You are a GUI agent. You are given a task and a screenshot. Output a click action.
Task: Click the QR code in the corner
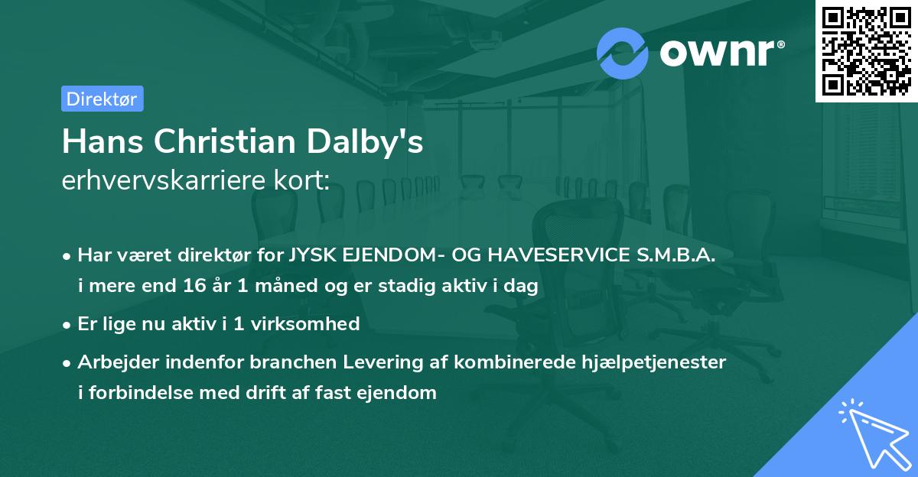click(x=866, y=51)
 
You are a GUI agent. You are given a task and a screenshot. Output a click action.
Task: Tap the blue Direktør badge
click(x=102, y=99)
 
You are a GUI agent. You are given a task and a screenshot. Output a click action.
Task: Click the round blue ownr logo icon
click(x=623, y=53)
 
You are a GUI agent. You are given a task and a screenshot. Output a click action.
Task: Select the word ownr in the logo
click(x=721, y=54)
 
